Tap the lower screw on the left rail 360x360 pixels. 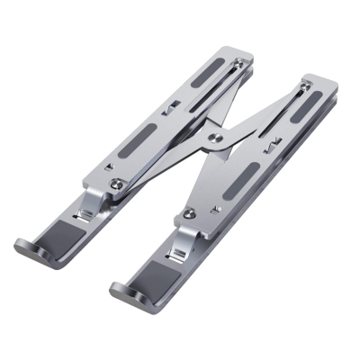click(x=117, y=184)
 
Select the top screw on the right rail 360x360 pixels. click(x=304, y=85)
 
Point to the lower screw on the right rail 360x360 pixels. click(x=189, y=214)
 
